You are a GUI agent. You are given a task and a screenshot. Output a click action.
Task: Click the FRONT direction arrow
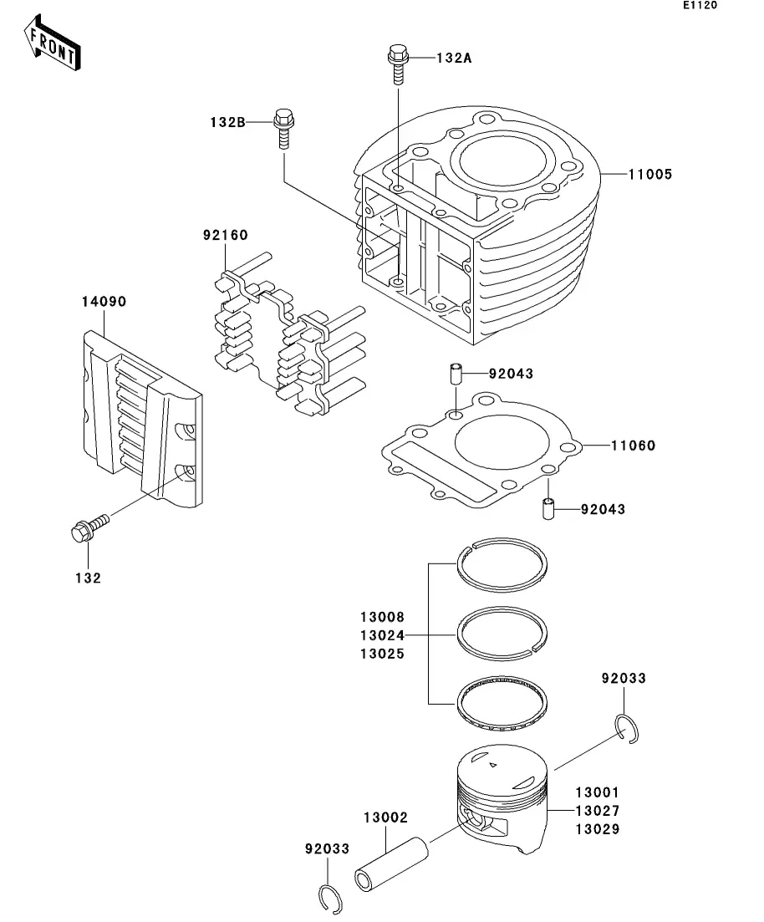tap(52, 43)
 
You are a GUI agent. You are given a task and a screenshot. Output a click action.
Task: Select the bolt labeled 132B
tap(283, 129)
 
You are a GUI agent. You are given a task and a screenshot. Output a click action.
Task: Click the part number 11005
tap(649, 174)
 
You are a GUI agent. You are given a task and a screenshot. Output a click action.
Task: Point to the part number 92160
tap(226, 235)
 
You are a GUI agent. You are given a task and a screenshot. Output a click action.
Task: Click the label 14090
tap(104, 302)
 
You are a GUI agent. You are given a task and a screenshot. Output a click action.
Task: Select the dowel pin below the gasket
tap(548, 508)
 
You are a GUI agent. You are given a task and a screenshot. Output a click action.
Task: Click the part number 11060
tap(633, 446)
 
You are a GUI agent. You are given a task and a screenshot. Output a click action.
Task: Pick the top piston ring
tap(502, 564)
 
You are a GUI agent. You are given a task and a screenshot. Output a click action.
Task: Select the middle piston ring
tap(502, 634)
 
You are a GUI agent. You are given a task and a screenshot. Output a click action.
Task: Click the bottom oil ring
tap(502, 703)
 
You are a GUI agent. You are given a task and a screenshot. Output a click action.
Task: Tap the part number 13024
tap(382, 635)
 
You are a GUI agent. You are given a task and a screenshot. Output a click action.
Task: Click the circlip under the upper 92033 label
tap(627, 729)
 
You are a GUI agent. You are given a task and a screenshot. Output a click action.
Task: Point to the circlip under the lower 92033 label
tap(330, 899)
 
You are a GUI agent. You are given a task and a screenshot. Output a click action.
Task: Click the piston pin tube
tap(392, 863)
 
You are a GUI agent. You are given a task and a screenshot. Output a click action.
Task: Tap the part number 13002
tap(385, 818)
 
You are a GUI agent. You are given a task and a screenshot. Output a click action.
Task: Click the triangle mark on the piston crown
tap(493, 765)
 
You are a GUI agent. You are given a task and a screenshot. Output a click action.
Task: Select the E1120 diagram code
tap(700, 5)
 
